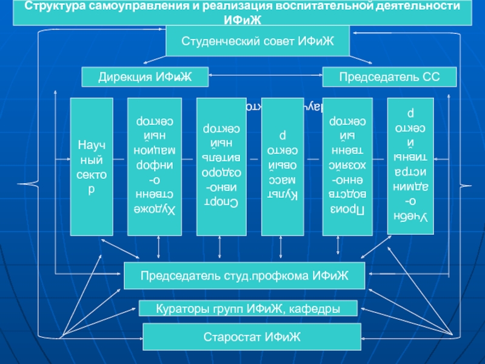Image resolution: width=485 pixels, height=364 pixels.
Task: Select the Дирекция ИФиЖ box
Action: point(145,77)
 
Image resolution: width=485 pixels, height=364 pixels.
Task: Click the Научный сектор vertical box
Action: point(92,166)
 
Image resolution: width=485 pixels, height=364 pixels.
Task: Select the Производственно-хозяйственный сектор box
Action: point(343,166)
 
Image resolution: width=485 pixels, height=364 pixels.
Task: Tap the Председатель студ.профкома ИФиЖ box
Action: point(244,275)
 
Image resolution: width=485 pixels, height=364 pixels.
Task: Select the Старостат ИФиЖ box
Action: point(252,336)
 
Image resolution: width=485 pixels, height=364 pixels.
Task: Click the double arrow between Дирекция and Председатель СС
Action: point(265,77)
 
